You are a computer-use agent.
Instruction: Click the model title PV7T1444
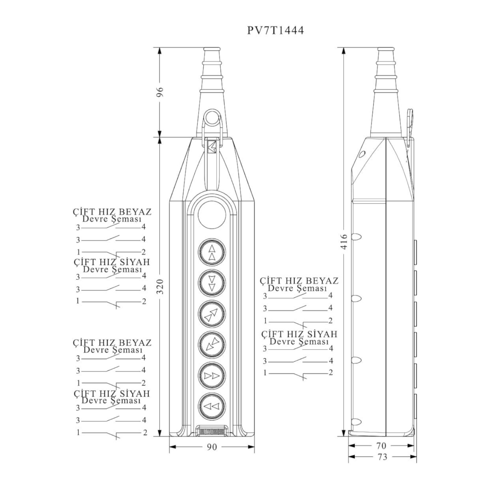point(275,30)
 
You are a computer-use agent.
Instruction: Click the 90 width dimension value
point(212,447)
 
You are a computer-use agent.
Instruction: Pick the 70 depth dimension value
point(381,446)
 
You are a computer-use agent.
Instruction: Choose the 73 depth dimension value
point(382,457)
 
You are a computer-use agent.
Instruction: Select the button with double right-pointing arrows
point(212,376)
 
